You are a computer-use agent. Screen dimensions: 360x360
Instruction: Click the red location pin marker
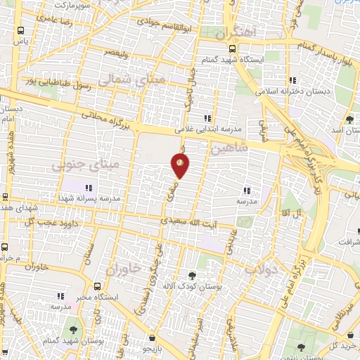[x=181, y=166]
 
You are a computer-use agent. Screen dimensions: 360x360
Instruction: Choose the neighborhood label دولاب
[x=262, y=268]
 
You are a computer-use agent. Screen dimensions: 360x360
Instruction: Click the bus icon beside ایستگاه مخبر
[x=96, y=286]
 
